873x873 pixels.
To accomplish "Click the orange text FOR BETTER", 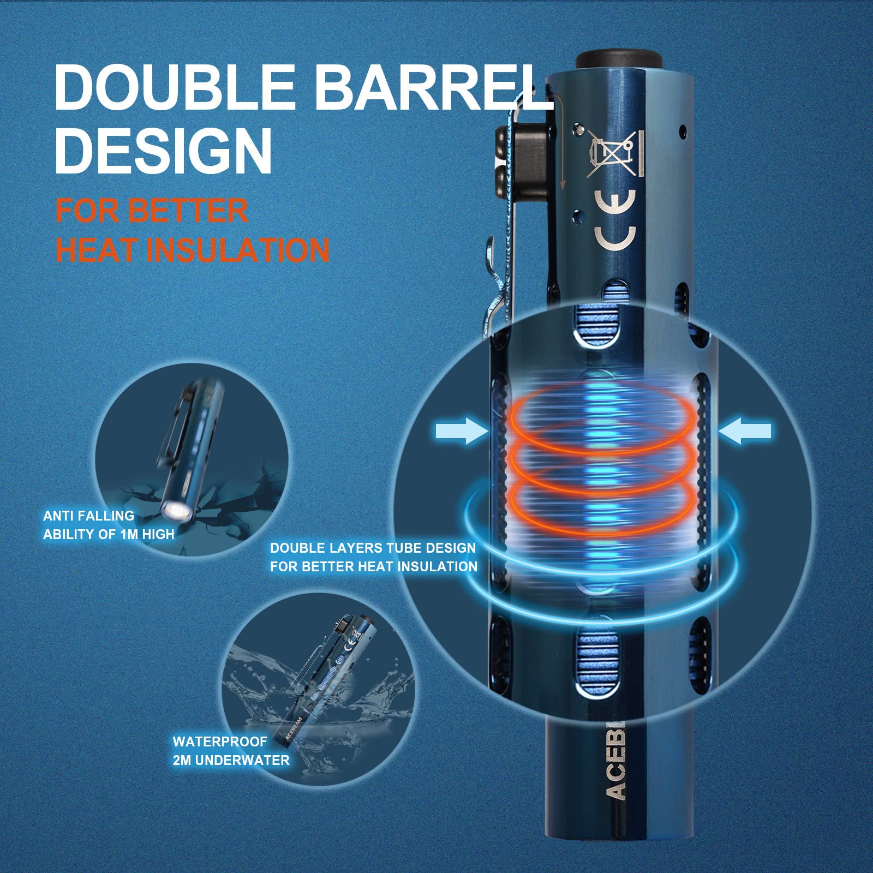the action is pyautogui.click(x=152, y=210).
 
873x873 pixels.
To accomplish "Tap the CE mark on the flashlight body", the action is pyautogui.click(x=615, y=220).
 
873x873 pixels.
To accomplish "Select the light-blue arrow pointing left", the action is pyautogui.click(x=745, y=432).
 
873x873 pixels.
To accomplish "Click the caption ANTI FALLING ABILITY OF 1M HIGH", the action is pyautogui.click(x=109, y=524).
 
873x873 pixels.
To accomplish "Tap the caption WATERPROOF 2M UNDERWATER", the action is pyautogui.click(x=231, y=750).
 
